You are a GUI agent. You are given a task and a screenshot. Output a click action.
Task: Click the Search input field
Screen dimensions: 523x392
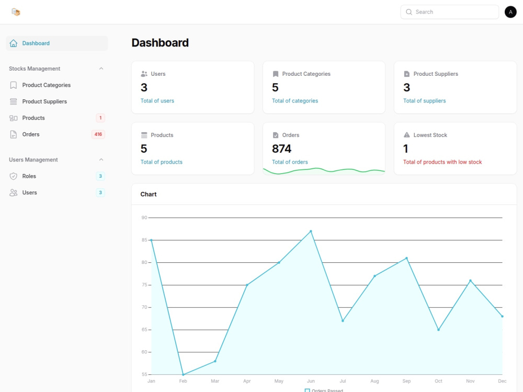click(449, 12)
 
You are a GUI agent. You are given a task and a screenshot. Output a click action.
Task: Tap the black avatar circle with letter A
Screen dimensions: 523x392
click(510, 12)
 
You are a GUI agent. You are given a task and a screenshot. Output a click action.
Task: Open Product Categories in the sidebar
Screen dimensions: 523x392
click(47, 85)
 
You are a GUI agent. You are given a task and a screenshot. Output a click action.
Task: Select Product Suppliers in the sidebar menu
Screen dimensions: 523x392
click(44, 101)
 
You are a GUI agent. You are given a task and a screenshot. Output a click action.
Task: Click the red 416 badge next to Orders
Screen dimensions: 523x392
click(98, 134)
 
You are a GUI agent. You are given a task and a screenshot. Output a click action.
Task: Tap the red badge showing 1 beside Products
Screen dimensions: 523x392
click(100, 118)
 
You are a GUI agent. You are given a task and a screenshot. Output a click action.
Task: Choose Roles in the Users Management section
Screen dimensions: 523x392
click(29, 176)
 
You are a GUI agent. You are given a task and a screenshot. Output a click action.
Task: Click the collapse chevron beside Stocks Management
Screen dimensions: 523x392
click(101, 68)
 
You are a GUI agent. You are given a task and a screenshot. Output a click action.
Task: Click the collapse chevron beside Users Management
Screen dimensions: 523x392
click(101, 159)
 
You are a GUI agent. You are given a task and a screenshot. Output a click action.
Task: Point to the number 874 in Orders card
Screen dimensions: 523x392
click(281, 148)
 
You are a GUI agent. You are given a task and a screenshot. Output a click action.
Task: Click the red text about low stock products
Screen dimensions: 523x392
click(442, 162)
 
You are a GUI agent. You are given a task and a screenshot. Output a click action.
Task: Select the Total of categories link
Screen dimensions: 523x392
click(295, 101)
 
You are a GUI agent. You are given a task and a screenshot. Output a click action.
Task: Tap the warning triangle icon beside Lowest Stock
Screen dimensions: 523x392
click(406, 135)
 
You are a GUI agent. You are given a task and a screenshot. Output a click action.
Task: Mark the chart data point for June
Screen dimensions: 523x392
click(311, 231)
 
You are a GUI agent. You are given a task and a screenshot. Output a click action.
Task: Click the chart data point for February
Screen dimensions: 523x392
click(183, 374)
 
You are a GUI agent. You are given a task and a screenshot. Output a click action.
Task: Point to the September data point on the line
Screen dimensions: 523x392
click(406, 258)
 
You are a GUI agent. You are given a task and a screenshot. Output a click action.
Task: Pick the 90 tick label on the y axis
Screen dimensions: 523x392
click(144, 217)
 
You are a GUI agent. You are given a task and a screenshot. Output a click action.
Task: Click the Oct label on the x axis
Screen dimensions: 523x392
click(438, 381)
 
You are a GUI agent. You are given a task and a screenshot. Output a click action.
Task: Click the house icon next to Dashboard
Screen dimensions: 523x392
click(14, 43)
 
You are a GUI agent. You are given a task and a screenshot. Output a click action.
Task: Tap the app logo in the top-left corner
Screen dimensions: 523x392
click(16, 12)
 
